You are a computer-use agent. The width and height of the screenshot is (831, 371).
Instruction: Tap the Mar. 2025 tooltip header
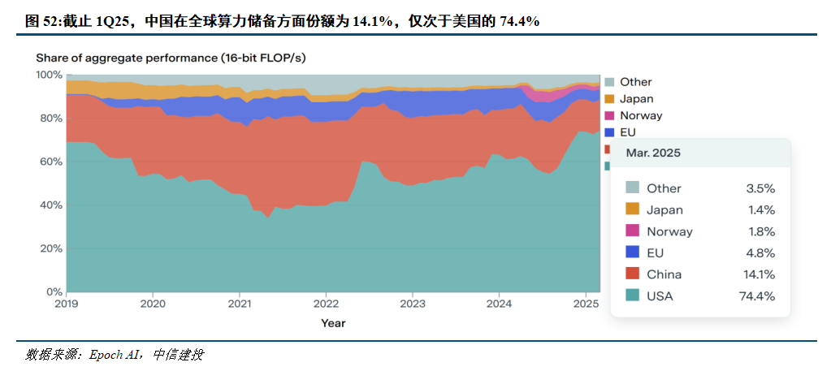click(x=653, y=153)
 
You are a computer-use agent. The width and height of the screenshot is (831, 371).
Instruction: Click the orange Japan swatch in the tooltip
click(x=631, y=209)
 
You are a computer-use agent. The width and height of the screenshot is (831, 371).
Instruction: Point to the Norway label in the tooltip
click(x=669, y=231)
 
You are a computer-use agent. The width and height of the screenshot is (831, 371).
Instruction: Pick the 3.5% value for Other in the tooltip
click(x=760, y=188)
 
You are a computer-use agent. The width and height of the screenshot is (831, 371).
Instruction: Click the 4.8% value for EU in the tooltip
click(x=760, y=253)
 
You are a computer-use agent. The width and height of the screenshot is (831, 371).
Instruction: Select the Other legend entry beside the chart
click(x=635, y=82)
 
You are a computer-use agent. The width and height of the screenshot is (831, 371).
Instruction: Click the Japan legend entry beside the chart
click(x=636, y=99)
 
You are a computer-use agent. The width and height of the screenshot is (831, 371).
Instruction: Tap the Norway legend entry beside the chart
click(x=640, y=116)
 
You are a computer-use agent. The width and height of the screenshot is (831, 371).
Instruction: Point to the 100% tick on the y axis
click(x=49, y=75)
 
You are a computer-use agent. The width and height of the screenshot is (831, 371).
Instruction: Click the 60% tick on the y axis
click(x=50, y=162)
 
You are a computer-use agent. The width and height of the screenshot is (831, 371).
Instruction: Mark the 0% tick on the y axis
click(x=54, y=291)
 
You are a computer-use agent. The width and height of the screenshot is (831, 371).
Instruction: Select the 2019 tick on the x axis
click(x=67, y=304)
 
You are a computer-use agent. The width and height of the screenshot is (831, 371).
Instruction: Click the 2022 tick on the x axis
click(x=326, y=304)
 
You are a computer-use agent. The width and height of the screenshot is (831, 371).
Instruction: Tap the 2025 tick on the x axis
click(x=585, y=304)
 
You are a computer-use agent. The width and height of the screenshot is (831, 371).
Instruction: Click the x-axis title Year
click(x=332, y=323)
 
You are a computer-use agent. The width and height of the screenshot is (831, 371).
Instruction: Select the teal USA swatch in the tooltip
click(x=631, y=296)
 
